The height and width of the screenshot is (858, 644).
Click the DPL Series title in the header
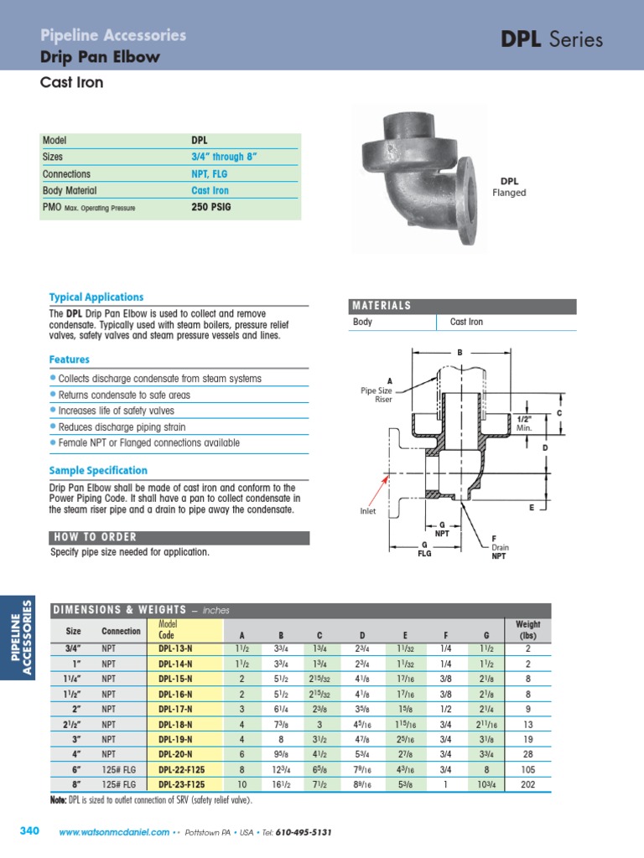tap(551, 39)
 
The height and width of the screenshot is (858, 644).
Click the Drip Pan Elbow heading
tap(101, 58)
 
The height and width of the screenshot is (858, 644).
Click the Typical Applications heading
tap(96, 297)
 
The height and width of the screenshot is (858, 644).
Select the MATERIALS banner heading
tap(382, 306)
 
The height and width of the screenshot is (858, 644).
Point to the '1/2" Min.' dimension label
tap(525, 423)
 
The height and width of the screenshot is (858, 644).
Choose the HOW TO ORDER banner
tap(96, 537)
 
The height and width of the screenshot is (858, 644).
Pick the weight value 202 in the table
tap(528, 785)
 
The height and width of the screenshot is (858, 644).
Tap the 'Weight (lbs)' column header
tap(528, 630)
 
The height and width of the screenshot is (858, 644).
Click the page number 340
tap(29, 831)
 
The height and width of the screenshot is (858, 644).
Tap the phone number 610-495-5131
tap(304, 832)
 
